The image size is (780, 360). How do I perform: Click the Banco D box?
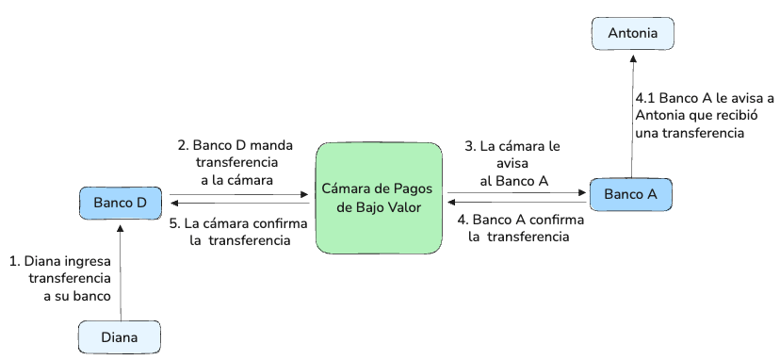click(121, 203)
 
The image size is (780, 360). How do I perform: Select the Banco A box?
click(631, 194)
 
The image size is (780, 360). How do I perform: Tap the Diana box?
click(120, 337)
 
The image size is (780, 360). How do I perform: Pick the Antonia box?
click(633, 33)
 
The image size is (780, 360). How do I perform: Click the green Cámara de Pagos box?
click(379, 198)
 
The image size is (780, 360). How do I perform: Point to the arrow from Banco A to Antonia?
click(633, 116)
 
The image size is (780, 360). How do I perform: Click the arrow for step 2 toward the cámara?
click(239, 195)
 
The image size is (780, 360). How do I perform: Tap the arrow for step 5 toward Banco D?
click(240, 204)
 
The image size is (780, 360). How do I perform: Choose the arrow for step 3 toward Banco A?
click(517, 192)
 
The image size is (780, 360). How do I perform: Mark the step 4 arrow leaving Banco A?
click(517, 203)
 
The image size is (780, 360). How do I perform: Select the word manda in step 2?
click(272, 146)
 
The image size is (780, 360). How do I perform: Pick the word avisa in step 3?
click(512, 163)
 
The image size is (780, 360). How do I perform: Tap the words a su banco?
click(76, 296)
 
